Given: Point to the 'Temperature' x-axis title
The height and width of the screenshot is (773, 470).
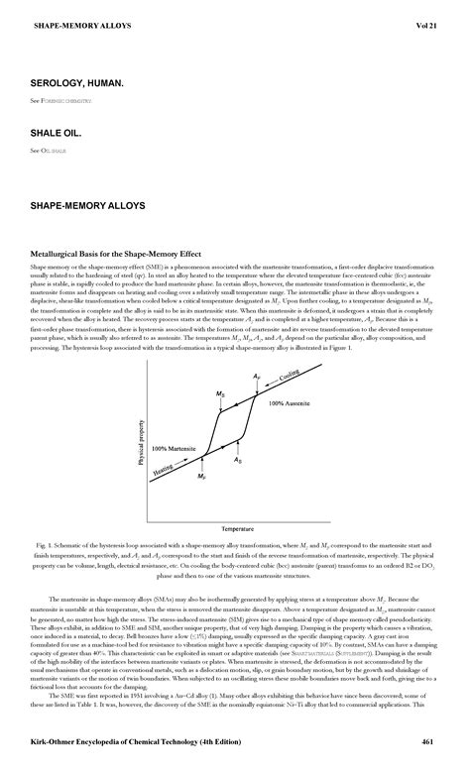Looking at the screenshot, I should [237, 528].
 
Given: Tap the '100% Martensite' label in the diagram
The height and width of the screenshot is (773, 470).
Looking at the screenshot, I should [174, 448].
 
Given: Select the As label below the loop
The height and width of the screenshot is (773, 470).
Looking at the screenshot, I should [238, 461].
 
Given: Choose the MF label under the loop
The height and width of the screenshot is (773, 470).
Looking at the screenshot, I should [201, 477].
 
